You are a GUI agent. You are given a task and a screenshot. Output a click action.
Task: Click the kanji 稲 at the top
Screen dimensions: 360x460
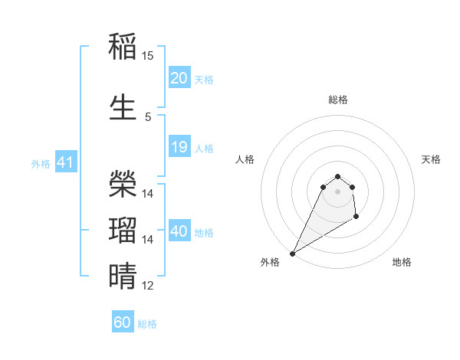[x=123, y=47]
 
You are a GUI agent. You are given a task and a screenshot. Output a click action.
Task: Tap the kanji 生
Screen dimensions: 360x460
[x=123, y=106]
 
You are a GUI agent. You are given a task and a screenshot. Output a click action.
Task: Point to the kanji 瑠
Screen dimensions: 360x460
[x=123, y=230]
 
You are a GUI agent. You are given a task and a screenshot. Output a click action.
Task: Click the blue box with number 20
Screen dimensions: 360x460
[x=179, y=78]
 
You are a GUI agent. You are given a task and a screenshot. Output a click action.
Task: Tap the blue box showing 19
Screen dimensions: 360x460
[x=179, y=147]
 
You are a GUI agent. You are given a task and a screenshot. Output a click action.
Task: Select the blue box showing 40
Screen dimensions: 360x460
[x=179, y=231]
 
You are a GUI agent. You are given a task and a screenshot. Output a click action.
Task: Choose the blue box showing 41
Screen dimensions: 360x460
[x=65, y=162]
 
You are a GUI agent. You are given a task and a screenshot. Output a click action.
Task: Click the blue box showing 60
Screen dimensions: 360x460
[x=123, y=322]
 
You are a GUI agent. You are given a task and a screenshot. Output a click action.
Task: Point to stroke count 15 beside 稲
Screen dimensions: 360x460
[x=148, y=56]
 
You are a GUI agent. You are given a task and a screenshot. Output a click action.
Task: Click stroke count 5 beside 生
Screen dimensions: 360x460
[x=148, y=116]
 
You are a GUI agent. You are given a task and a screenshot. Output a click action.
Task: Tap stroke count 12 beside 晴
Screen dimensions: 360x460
[x=148, y=286]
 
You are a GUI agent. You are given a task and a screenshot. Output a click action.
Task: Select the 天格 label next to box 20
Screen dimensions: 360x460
[x=204, y=79]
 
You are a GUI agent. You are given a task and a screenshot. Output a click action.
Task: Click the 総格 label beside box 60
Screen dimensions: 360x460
[x=147, y=324]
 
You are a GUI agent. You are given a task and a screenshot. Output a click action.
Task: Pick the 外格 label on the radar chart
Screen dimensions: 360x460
[x=270, y=262]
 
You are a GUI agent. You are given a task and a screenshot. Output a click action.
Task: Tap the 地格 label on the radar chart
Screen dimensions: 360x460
[x=402, y=262]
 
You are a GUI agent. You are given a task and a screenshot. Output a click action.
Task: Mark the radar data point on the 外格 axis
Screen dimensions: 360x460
[x=292, y=254]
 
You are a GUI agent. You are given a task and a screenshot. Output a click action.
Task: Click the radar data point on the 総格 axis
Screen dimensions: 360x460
[x=337, y=176]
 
